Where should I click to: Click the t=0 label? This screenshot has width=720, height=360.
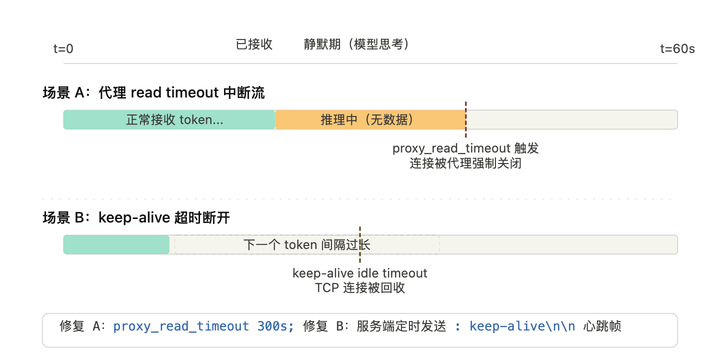coord(63,49)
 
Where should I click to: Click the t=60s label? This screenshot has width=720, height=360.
coord(677,49)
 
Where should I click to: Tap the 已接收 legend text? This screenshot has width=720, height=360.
coord(254,44)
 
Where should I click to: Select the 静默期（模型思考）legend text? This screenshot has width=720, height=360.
coord(357,44)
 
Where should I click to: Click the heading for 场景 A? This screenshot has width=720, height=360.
coord(153,93)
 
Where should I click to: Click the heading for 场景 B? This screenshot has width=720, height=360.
coord(136,218)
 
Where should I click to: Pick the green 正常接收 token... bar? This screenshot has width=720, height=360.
coord(169,120)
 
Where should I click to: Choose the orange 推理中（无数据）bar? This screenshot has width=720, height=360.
coord(370,120)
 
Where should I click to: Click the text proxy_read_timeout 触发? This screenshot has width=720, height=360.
coord(465,148)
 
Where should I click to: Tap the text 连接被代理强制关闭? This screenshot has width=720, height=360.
coord(465,163)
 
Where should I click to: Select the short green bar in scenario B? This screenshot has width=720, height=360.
coord(116,244)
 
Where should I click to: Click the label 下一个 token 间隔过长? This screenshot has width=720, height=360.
coord(306,244)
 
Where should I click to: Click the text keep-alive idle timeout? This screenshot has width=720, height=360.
coord(360,273)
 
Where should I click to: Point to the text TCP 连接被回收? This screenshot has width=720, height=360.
coord(360,288)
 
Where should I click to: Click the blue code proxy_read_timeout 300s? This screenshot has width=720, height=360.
coord(203,326)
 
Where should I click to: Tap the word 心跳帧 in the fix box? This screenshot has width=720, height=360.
coord(602,326)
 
